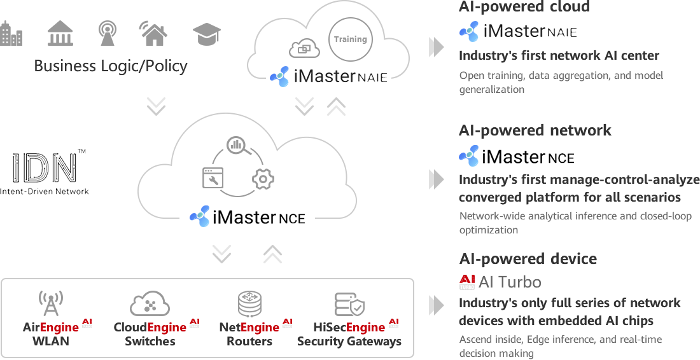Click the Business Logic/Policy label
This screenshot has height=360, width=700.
pyautogui.click(x=111, y=66)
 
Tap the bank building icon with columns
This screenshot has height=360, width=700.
pyautogui.click(x=60, y=33)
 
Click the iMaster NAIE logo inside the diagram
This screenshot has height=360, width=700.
pyautogui.click(x=328, y=76)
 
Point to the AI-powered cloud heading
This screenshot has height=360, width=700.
pyautogui.click(x=524, y=7)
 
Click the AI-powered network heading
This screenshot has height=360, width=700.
pyautogui.click(x=535, y=130)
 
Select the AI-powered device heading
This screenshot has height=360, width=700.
pyautogui.click(x=528, y=259)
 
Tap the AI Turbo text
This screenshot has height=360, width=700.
pyautogui.click(x=509, y=282)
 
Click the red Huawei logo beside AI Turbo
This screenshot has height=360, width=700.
pyautogui.click(x=466, y=282)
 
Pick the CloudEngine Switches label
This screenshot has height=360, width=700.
pyautogui.click(x=151, y=334)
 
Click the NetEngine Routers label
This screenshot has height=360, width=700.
pyautogui.click(x=250, y=334)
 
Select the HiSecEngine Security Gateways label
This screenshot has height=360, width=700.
pyautogui.click(x=349, y=334)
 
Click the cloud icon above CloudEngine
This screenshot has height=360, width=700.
pyautogui.click(x=150, y=304)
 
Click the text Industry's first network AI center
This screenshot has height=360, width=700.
pyautogui.click(x=559, y=56)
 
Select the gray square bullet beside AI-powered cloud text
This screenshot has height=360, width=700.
pyautogui.click(x=436, y=47)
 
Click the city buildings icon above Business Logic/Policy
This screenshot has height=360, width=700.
pyautogui.click(x=11, y=33)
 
